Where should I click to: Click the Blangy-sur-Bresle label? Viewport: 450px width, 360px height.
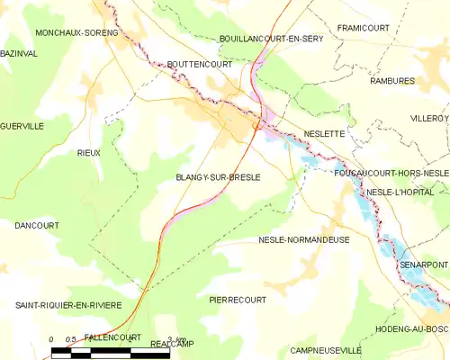[218, 177]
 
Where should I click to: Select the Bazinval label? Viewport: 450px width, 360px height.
[18, 55]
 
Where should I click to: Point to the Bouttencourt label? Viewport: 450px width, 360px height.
[199, 65]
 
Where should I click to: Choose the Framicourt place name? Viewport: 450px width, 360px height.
[363, 28]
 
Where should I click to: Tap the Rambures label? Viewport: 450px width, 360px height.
[391, 81]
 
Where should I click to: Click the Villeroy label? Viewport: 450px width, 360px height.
[429, 118]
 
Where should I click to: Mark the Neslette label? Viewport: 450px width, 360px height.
[324, 133]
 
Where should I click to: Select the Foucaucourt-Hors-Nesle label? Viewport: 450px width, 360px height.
[391, 172]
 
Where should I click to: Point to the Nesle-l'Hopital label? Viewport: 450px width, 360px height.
[400, 193]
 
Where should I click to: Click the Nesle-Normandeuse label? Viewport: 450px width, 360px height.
[303, 240]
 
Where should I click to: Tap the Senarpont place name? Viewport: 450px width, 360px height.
[424, 265]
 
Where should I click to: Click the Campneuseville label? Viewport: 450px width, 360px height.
[325, 349]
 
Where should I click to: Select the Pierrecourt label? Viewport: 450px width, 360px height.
[238, 299]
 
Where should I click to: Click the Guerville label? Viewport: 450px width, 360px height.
[22, 126]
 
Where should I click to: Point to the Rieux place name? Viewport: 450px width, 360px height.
[88, 153]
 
